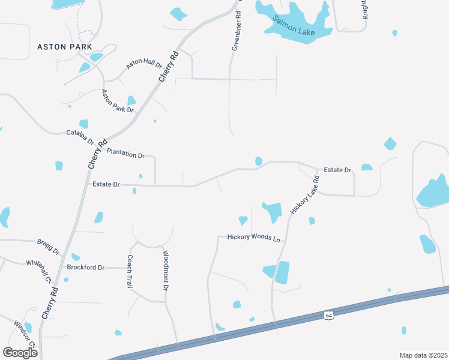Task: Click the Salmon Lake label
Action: (x=294, y=28)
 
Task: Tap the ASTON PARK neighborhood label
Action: (x=64, y=47)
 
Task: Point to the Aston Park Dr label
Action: (x=118, y=101)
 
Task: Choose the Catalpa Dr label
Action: (x=80, y=137)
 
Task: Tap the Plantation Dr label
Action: (x=125, y=153)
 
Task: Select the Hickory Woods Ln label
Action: (x=254, y=238)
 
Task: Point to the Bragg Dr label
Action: (x=48, y=245)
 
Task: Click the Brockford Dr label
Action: (x=86, y=267)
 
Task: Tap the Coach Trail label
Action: (x=129, y=272)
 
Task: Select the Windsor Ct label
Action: (x=25, y=334)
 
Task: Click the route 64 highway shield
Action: (x=328, y=315)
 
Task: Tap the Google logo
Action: (x=20, y=352)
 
